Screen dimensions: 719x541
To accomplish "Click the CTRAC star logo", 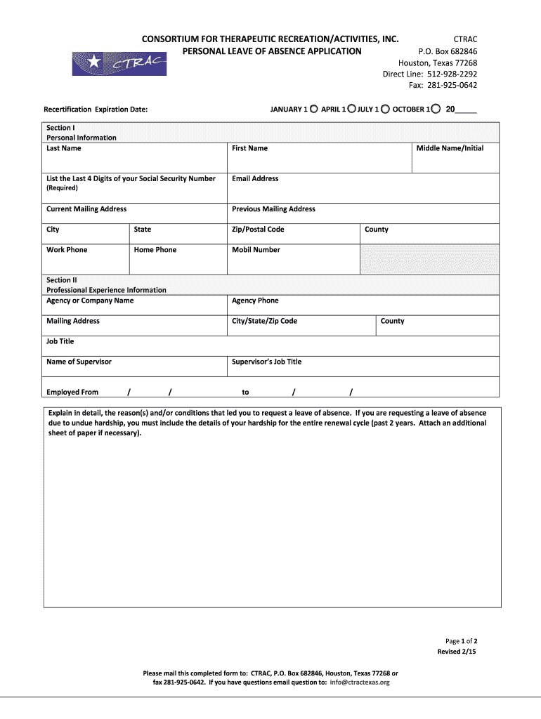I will [x=119, y=63].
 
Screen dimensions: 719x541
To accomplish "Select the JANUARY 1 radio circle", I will [x=314, y=109].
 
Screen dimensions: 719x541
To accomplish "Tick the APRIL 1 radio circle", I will [x=352, y=109].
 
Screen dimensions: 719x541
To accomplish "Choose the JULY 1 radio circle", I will [x=385, y=109].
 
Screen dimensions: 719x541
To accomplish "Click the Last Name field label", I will [x=63, y=148].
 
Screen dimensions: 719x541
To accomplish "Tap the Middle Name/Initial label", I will [x=450, y=148].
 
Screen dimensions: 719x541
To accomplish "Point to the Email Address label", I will [x=255, y=178].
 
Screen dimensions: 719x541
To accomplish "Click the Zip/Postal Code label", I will [x=258, y=230].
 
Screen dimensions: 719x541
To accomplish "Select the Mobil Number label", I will [x=256, y=250].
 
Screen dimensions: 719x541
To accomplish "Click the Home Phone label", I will [x=155, y=250].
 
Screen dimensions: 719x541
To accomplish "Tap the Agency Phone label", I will [x=255, y=301].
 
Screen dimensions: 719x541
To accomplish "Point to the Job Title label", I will [x=60, y=341].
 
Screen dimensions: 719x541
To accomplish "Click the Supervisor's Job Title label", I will [x=266, y=362].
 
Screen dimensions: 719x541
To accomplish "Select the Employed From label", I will [x=72, y=393].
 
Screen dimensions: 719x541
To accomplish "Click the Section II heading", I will [x=62, y=279].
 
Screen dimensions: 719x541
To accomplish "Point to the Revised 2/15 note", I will [x=457, y=652].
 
